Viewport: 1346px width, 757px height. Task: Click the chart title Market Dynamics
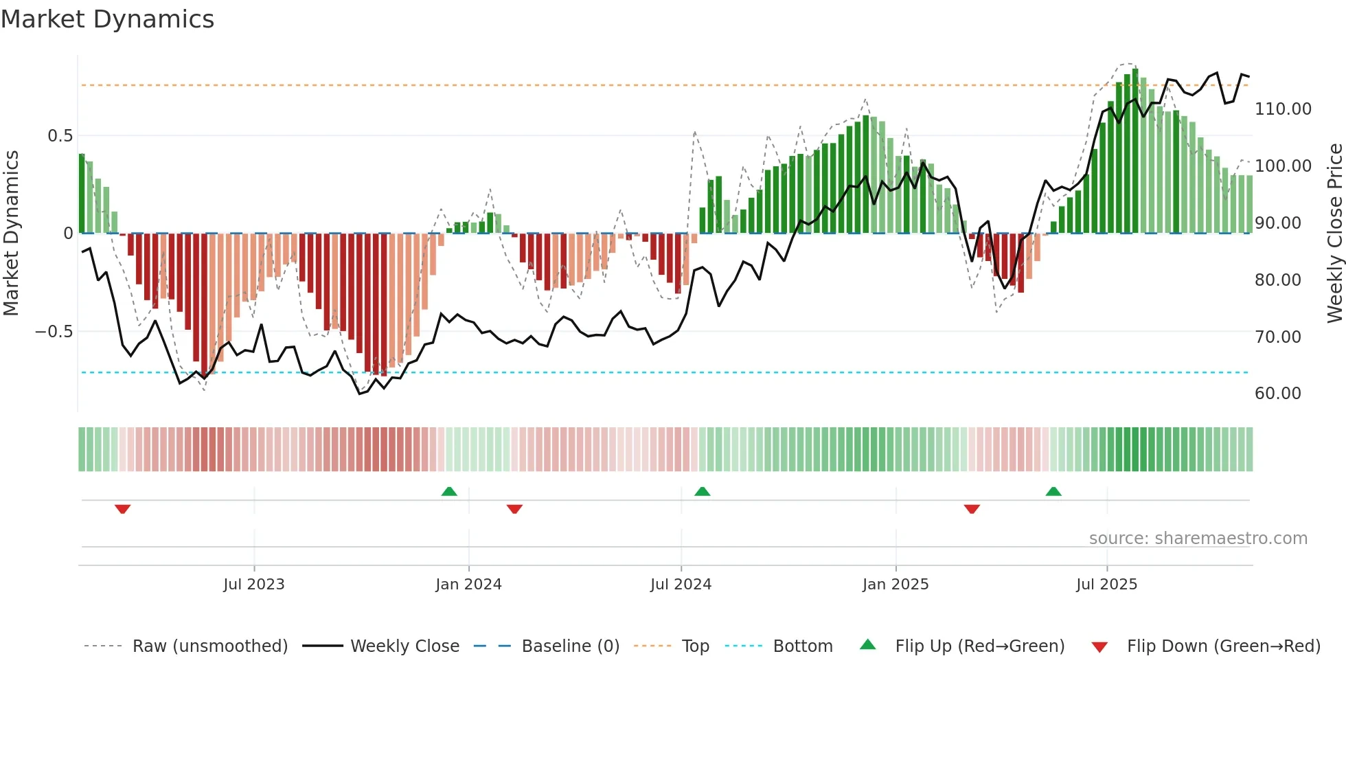(108, 19)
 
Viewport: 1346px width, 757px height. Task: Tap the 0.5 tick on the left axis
(60, 136)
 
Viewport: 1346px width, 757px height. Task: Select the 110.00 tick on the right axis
(1283, 109)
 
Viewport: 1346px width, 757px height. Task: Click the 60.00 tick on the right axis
(1277, 394)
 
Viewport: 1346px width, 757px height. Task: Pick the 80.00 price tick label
(1277, 280)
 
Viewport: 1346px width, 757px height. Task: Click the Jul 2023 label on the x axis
(253, 585)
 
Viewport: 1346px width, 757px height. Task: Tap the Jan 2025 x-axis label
(896, 585)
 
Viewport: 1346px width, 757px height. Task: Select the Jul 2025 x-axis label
(1106, 585)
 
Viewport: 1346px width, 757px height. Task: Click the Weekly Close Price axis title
(1334, 233)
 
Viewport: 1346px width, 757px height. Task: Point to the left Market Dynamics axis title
(11, 233)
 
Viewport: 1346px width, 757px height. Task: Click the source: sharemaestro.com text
(1198, 539)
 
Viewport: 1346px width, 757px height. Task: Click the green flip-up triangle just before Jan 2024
(449, 491)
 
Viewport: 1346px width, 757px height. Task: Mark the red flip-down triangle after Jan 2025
(972, 509)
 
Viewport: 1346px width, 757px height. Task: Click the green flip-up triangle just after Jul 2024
(702, 491)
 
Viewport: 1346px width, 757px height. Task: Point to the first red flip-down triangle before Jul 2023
(123, 509)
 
